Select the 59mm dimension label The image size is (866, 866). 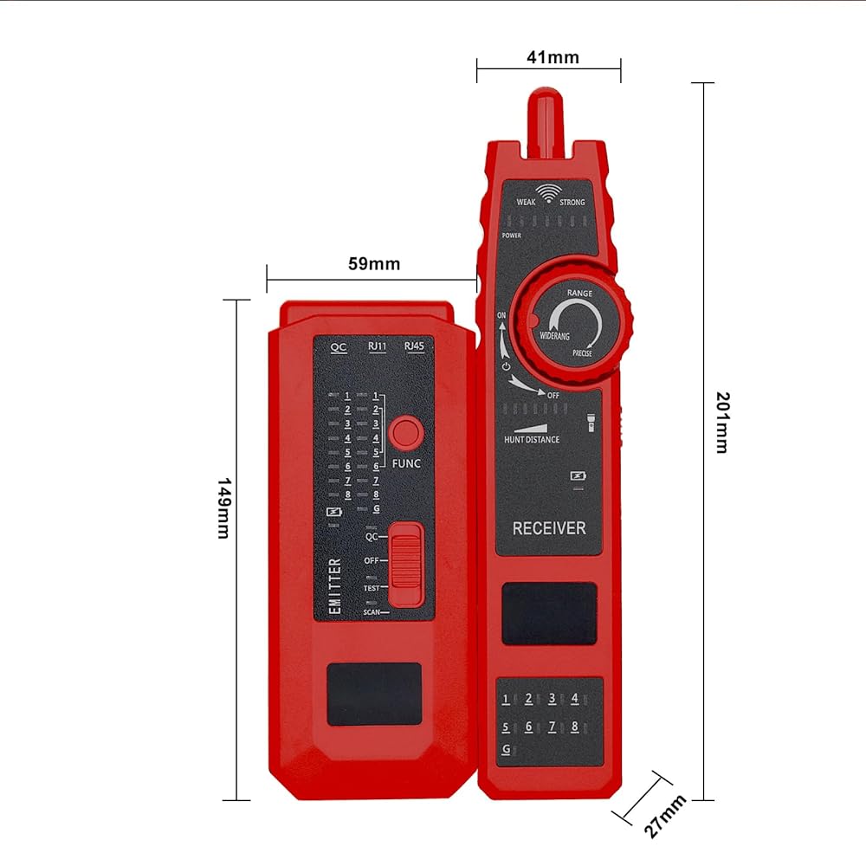point(374,264)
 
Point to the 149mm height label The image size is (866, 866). point(223,507)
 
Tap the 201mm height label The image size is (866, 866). point(721,423)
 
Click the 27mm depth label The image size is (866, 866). point(665,816)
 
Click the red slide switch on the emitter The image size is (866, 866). point(405,564)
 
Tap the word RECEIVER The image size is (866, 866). point(549,528)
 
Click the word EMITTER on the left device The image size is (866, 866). point(335,586)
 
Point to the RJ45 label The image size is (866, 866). point(414,346)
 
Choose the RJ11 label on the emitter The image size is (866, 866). point(377,346)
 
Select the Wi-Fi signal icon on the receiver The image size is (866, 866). point(546,191)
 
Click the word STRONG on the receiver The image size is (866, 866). point(572,203)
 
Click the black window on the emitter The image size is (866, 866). point(374,693)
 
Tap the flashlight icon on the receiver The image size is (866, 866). point(595,422)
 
